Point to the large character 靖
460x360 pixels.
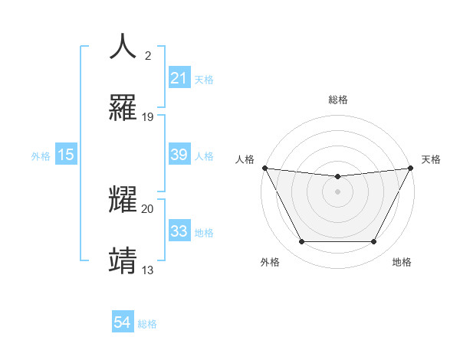(x=123, y=260)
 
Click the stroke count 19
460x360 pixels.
(x=148, y=117)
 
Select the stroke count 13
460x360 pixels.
(x=148, y=270)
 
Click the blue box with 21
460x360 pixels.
(x=179, y=78)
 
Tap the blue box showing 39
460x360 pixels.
(x=179, y=155)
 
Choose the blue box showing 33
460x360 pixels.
(x=179, y=231)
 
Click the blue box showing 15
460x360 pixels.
(x=66, y=155)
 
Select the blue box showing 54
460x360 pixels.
(x=122, y=322)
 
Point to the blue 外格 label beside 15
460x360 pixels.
(x=41, y=155)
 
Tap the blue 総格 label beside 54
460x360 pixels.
(x=147, y=323)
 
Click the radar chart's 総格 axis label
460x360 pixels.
(x=337, y=100)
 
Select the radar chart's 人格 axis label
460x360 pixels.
(x=245, y=159)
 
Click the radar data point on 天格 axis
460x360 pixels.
(x=411, y=168)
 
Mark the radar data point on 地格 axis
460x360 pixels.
(x=373, y=242)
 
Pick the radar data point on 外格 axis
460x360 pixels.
(x=301, y=242)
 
